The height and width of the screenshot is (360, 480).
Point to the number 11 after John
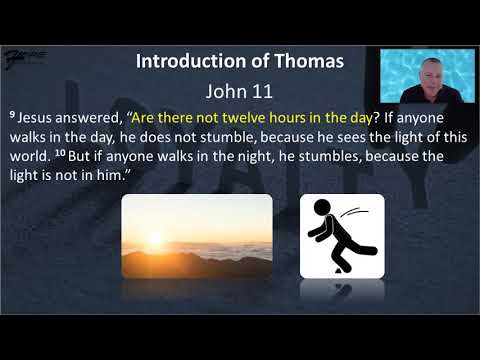262,91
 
